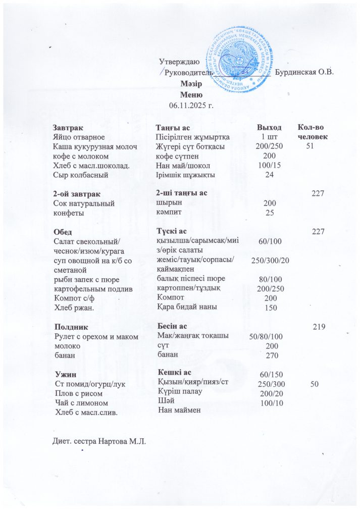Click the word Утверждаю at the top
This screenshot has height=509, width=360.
179,63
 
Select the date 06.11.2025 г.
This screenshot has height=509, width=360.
191,105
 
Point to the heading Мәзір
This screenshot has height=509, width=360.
191,85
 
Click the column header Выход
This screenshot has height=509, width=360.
269,128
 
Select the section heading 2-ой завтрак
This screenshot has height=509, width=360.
77,194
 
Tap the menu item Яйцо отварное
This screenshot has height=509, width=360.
79,137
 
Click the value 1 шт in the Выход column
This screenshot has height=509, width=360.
269,137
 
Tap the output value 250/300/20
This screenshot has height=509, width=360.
270,260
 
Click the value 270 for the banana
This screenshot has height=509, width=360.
272,355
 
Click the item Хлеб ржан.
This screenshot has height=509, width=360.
72,307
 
